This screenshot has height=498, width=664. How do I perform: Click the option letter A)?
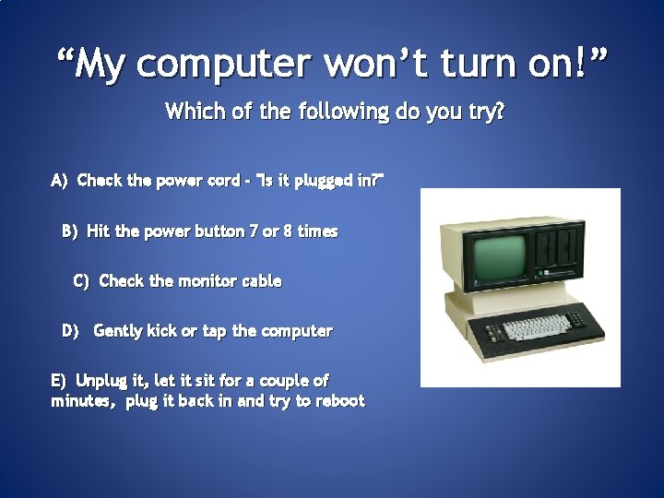point(60,181)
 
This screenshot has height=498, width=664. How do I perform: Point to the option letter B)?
point(71,231)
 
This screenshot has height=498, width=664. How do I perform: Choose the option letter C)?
point(81,280)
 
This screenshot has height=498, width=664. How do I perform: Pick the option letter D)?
point(70,330)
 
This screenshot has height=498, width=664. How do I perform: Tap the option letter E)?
point(60,380)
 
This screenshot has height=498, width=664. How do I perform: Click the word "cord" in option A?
point(224,181)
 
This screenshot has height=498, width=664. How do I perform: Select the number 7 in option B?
point(254,231)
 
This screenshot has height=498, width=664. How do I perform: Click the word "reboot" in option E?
point(340,401)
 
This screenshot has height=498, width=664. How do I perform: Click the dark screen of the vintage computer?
point(499,259)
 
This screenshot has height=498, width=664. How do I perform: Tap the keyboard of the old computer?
point(536,327)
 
